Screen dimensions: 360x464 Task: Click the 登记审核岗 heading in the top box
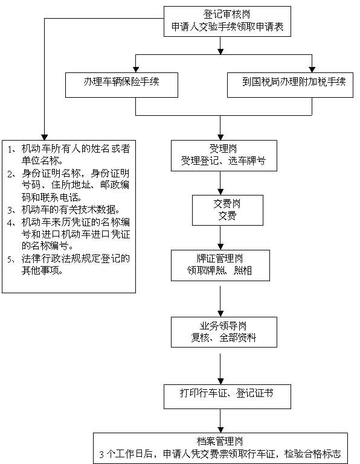click(x=227, y=14)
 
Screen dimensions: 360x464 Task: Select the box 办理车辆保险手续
click(x=121, y=85)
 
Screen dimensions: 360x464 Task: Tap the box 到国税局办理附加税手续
click(x=290, y=85)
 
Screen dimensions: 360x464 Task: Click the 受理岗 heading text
click(x=223, y=148)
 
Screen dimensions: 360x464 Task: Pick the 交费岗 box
click(x=228, y=210)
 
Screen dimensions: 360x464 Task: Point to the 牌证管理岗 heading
click(x=220, y=258)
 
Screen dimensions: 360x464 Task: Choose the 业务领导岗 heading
click(x=223, y=326)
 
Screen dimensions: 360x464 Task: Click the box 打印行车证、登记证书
click(x=227, y=397)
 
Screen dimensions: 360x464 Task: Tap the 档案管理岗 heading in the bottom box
click(x=220, y=441)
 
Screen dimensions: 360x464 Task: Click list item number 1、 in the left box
click(x=12, y=149)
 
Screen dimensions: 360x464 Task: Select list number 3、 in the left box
click(x=12, y=210)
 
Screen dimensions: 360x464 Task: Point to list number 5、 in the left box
click(x=12, y=259)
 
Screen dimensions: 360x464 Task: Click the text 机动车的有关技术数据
click(x=71, y=209)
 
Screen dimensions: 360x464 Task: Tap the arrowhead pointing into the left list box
click(x=45, y=138)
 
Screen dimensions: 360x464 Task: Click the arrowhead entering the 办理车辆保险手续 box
click(x=136, y=69)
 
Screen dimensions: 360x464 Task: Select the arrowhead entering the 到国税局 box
click(x=312, y=69)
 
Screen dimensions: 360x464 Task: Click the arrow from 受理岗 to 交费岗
click(x=220, y=183)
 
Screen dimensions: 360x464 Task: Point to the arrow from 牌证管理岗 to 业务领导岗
click(x=220, y=301)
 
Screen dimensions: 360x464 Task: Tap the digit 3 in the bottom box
click(x=101, y=454)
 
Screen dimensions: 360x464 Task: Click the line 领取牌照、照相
click(x=219, y=270)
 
